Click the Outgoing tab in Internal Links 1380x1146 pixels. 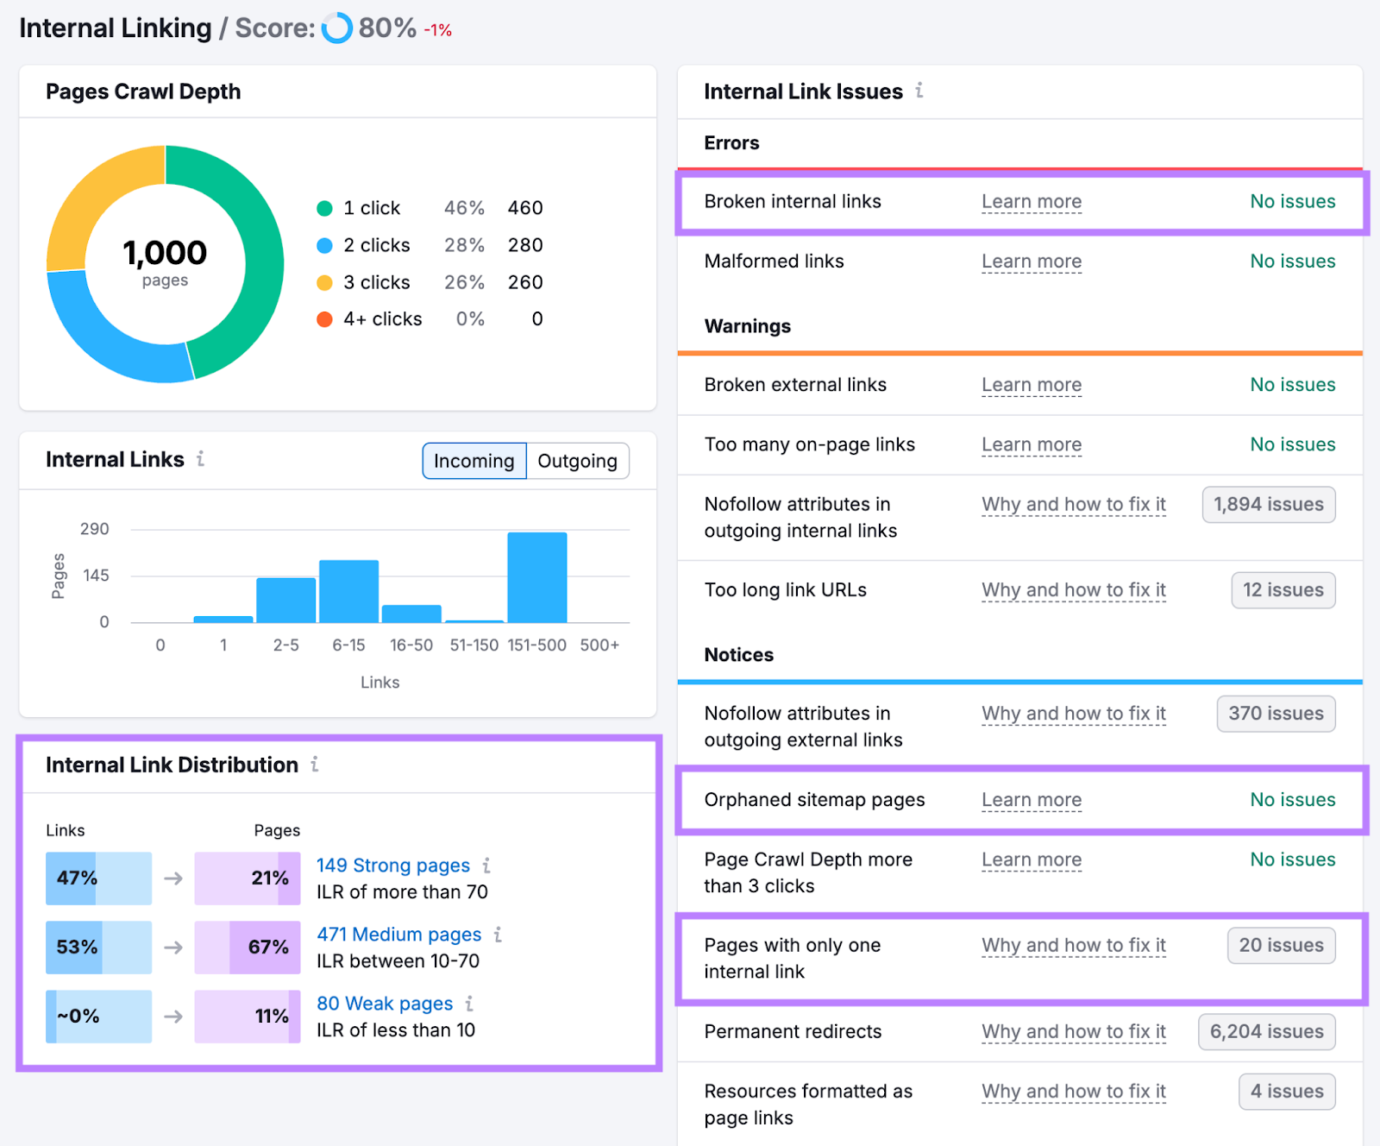point(577,461)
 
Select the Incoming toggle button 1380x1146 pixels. point(474,461)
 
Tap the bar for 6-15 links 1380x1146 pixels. point(348,591)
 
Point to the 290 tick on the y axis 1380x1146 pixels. point(94,529)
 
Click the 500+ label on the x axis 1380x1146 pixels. point(599,645)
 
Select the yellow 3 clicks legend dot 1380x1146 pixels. point(324,283)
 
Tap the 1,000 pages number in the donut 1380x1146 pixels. point(165,253)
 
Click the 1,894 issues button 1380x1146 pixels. point(1268,505)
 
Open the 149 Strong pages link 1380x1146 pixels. point(392,866)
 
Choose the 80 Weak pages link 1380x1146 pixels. point(384,1004)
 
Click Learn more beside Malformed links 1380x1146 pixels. point(1031,261)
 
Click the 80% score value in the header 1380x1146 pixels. point(387,28)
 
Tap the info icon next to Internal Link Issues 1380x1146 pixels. point(919,91)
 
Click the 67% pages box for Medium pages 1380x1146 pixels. point(248,948)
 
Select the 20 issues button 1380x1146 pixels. point(1281,946)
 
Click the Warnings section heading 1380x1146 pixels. point(747,326)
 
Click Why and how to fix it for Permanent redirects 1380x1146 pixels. point(1073,1032)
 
